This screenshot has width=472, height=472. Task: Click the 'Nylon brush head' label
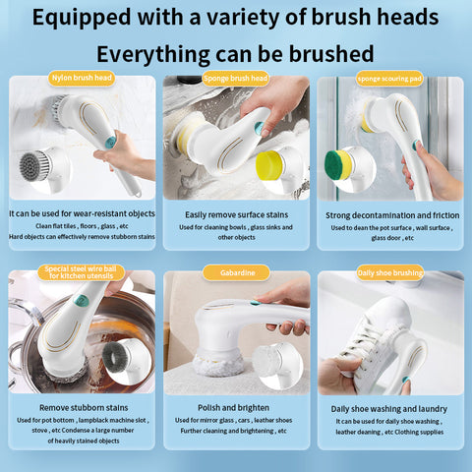pyautogui.click(x=82, y=77)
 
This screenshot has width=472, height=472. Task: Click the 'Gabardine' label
pyautogui.click(x=236, y=272)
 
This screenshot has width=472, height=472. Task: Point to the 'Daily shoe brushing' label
pyautogui.click(x=389, y=272)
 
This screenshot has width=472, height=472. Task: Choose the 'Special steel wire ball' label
pyautogui.click(x=82, y=272)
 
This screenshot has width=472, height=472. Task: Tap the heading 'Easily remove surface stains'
pyautogui.click(x=236, y=212)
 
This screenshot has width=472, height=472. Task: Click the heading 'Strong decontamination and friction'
pyautogui.click(x=390, y=212)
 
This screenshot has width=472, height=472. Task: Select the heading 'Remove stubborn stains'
pyautogui.click(x=82, y=406)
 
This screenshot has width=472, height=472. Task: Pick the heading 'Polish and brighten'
pyautogui.click(x=236, y=406)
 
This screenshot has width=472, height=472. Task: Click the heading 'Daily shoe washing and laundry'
pyautogui.click(x=390, y=407)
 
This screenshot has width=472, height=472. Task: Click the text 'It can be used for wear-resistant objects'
pyautogui.click(x=82, y=211)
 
